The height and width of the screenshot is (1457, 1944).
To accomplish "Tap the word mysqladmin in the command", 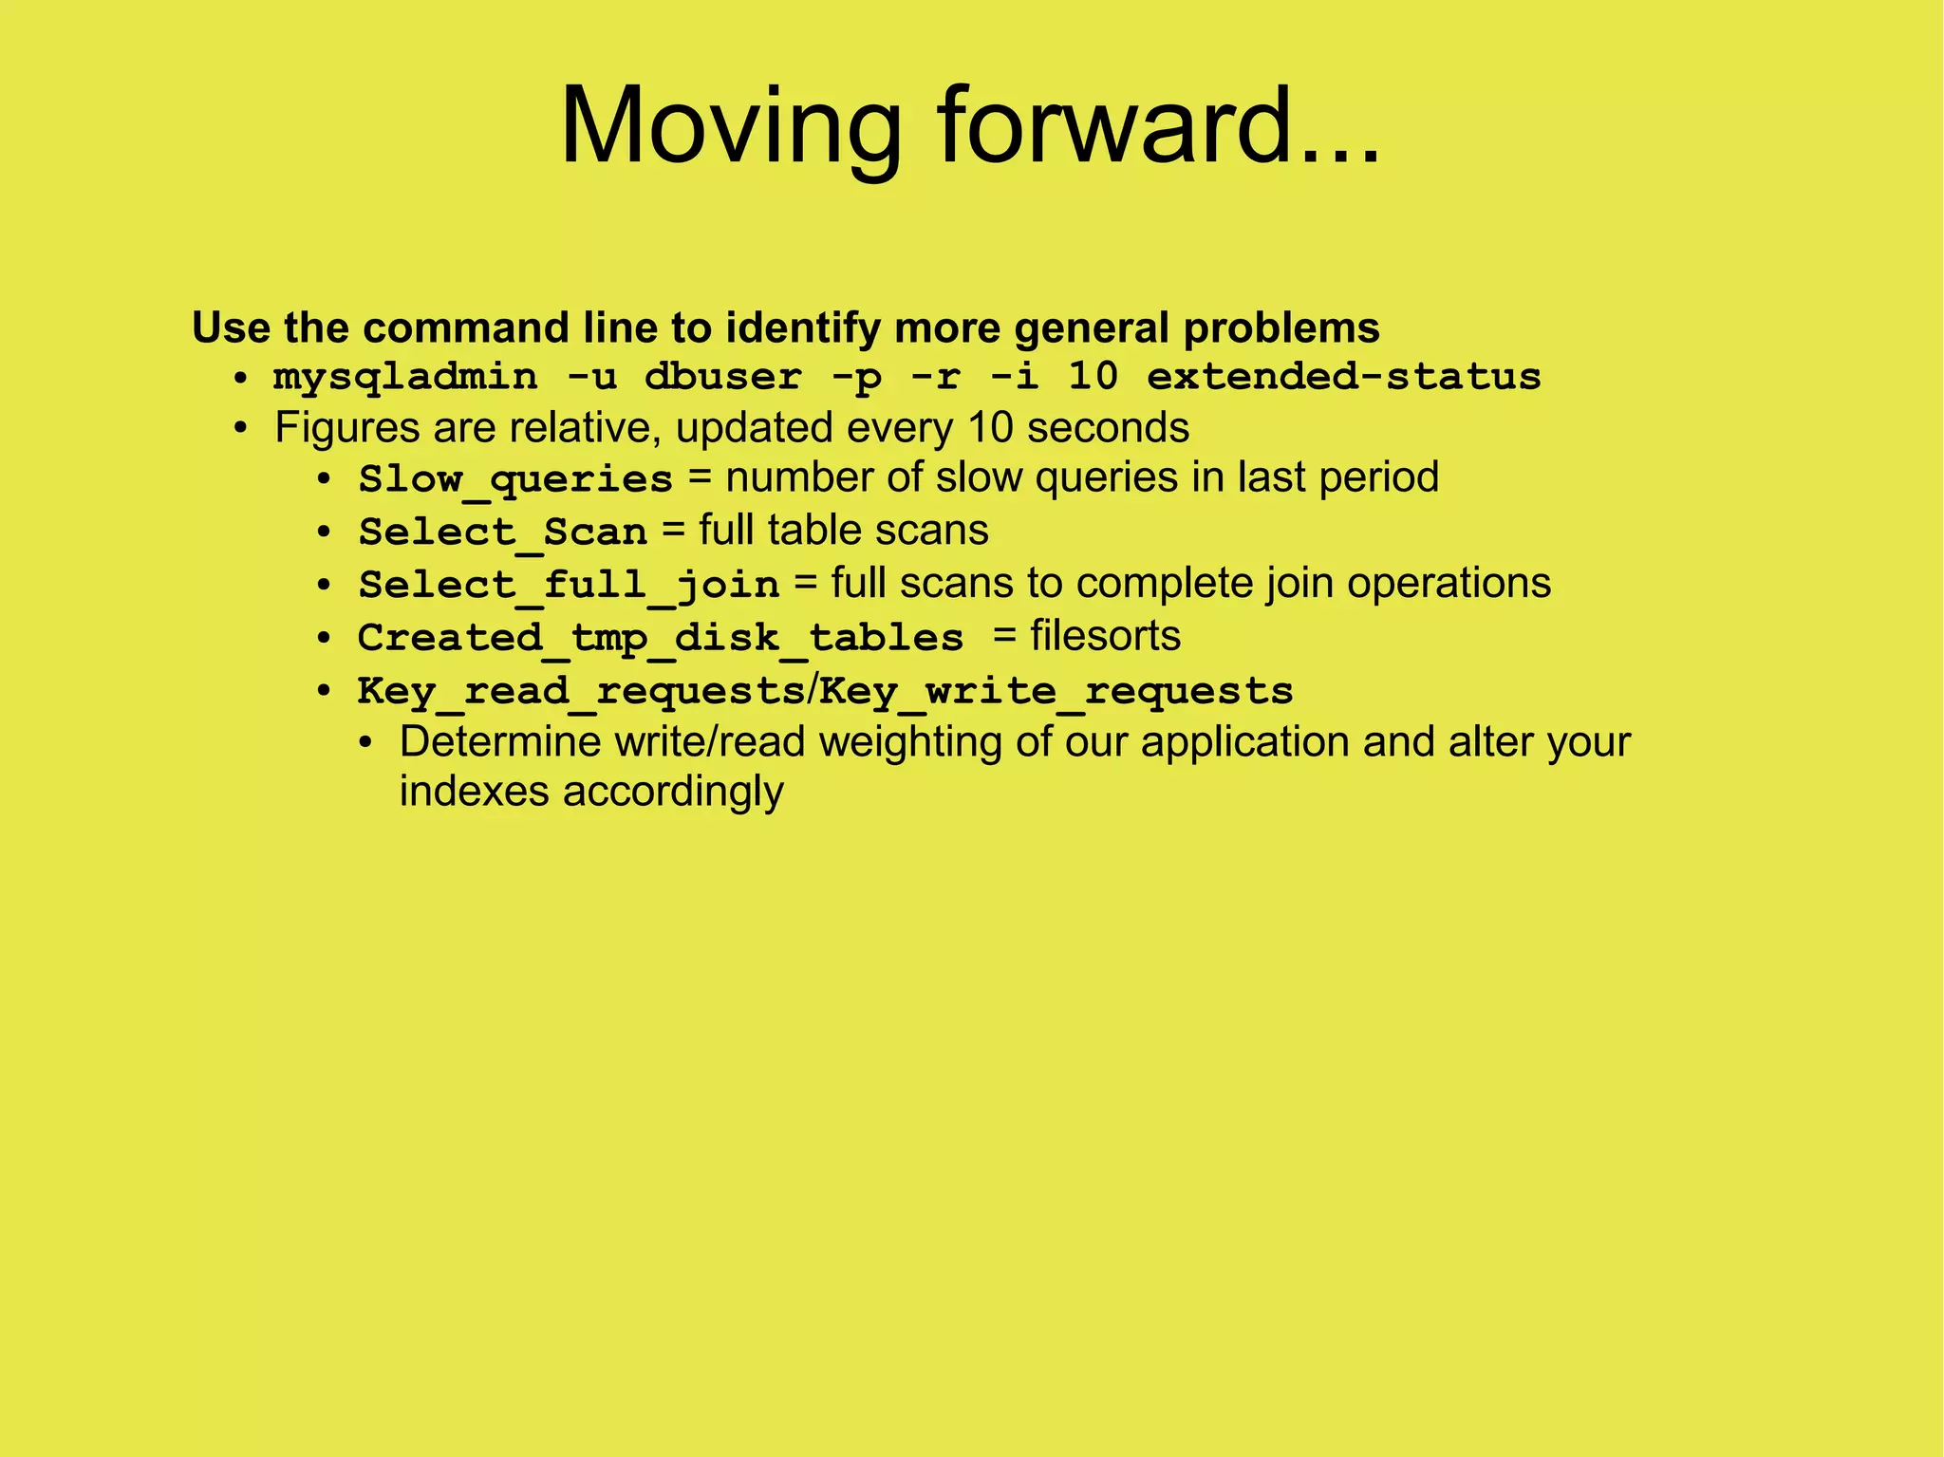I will (x=405, y=378).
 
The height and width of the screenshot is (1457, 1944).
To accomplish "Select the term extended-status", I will (x=1343, y=378).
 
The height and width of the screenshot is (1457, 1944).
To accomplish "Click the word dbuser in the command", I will (x=723, y=378).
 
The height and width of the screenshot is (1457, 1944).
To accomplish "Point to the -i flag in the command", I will (x=1013, y=378).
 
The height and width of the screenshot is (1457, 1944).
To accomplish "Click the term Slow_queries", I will (x=515, y=479).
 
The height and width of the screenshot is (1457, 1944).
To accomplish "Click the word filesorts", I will (x=1105, y=636).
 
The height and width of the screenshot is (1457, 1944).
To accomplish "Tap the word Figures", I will (x=347, y=428).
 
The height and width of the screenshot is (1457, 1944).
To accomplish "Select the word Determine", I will (x=500, y=742).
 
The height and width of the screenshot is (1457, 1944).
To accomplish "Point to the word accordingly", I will (x=672, y=793).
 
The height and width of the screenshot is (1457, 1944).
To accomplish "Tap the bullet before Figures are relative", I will (x=241, y=429).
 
